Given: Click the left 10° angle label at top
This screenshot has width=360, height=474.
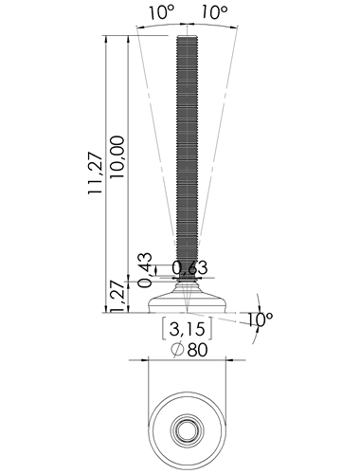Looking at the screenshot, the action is click(162, 12).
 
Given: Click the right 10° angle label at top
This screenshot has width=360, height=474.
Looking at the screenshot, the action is click(214, 12).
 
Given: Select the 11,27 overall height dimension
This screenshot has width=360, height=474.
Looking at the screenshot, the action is click(96, 173).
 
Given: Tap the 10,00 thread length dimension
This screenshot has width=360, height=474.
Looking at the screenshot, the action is click(117, 157).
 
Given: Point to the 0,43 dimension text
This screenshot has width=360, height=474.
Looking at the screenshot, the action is click(146, 270).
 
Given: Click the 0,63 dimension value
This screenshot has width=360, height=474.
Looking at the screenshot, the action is click(189, 268).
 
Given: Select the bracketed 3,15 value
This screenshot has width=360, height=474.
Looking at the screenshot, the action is click(188, 329).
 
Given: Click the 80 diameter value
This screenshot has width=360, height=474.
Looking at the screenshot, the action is click(198, 350).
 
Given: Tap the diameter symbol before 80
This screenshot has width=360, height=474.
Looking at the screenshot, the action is click(177, 350).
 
